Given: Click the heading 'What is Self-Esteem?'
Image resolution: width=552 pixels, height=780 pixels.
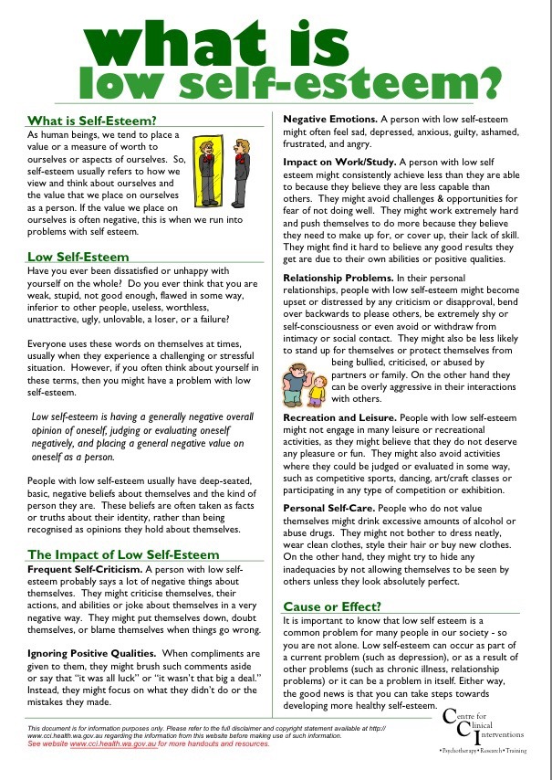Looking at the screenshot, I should pos(92,120).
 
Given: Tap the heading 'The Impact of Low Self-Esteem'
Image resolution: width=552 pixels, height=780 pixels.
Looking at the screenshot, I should pos(123,554).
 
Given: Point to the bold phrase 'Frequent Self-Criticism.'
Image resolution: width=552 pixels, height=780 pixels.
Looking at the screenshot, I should pos(86,569).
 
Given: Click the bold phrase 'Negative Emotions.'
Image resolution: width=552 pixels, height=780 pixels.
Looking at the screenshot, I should pos(338,120).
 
